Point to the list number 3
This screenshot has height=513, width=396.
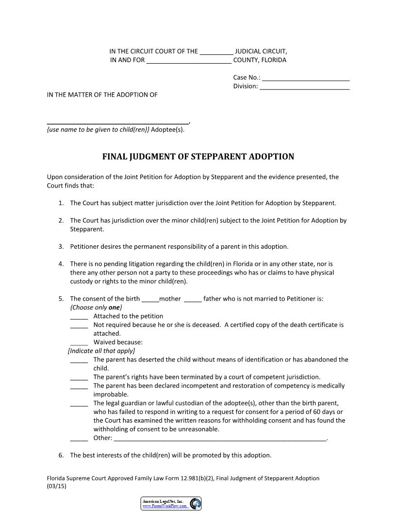pos(61,247)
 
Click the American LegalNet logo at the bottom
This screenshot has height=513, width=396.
pos(171,504)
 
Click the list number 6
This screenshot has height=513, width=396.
pos(61,456)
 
